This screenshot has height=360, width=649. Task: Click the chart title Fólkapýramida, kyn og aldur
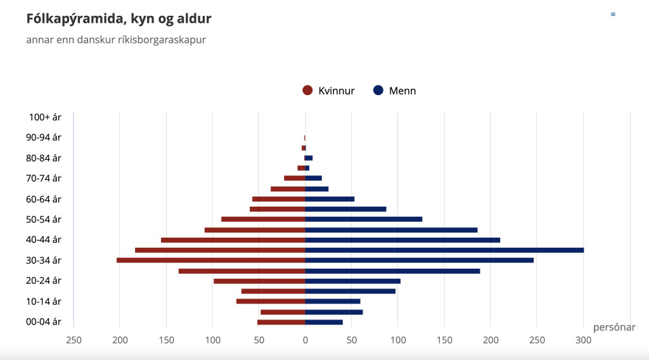click(119, 19)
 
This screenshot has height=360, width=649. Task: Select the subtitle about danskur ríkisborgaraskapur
click(116, 40)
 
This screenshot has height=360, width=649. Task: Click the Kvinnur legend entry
click(329, 91)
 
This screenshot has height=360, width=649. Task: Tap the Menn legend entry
click(395, 91)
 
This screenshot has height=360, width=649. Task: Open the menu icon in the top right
click(613, 14)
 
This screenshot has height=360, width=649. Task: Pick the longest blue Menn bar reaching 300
click(444, 250)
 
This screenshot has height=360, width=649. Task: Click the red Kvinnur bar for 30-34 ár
click(211, 260)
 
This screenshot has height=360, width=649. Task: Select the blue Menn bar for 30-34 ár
click(419, 260)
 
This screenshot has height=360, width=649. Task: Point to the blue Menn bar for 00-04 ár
click(324, 322)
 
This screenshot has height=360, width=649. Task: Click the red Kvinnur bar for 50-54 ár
click(263, 219)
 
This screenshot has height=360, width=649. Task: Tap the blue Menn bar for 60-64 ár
click(330, 199)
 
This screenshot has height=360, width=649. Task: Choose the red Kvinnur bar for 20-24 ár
click(259, 281)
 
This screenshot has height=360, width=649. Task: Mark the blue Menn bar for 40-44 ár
click(402, 240)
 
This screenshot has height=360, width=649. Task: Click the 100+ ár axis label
click(45, 117)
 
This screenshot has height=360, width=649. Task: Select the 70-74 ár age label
click(44, 179)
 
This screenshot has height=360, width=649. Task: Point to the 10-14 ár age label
click(44, 301)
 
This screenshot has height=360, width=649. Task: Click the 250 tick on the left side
click(74, 340)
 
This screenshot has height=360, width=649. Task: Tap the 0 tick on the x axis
click(305, 340)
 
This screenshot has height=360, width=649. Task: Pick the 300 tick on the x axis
click(583, 340)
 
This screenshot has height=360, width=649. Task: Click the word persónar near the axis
click(614, 327)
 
